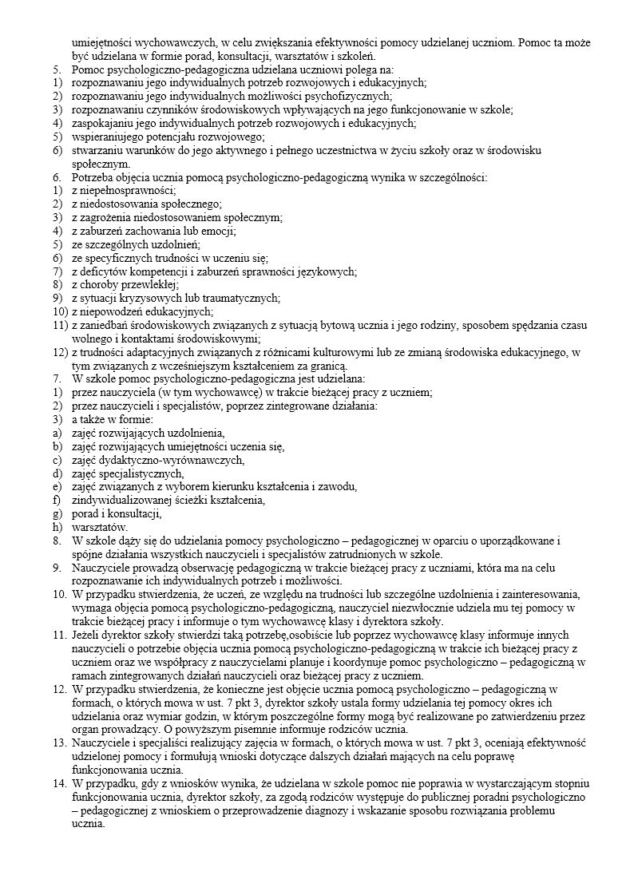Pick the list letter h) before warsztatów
tap(56, 527)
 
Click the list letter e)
tap(56, 486)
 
